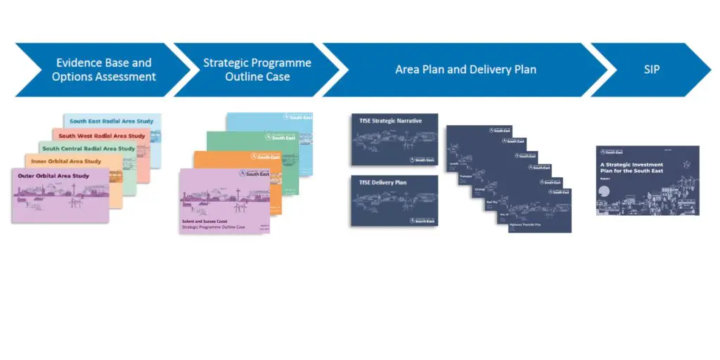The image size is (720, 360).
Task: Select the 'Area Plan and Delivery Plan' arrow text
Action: (x=465, y=70)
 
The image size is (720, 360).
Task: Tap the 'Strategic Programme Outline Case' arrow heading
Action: (x=257, y=70)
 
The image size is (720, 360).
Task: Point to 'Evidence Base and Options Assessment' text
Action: (x=103, y=70)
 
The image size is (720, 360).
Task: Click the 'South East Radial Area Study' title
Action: (x=111, y=122)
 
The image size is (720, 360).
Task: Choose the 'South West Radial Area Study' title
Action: (x=102, y=136)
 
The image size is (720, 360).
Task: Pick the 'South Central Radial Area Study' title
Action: (x=89, y=148)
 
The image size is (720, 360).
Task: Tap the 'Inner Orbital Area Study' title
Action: (x=66, y=162)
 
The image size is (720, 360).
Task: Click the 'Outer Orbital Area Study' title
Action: (x=53, y=176)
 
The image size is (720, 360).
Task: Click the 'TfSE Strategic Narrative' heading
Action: (x=390, y=121)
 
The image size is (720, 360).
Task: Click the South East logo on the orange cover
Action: (x=266, y=157)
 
